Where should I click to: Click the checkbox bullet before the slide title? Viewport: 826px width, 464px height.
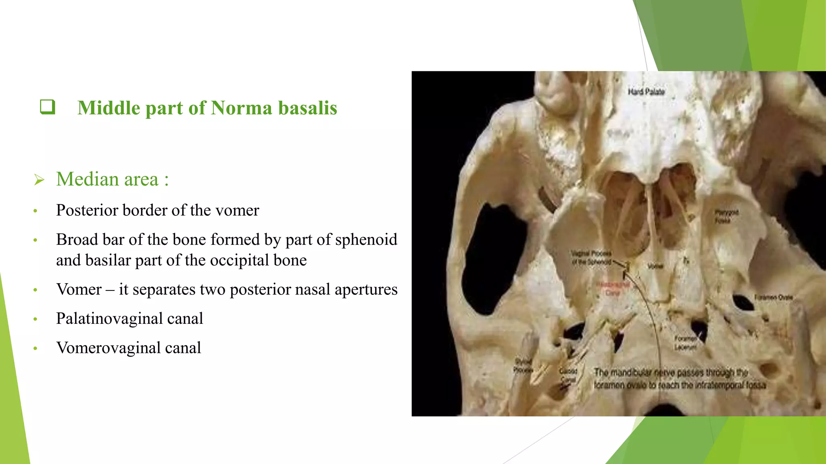pos(48,107)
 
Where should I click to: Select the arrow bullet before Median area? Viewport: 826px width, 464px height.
pos(39,180)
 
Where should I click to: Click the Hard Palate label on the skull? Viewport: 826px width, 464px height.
pos(646,92)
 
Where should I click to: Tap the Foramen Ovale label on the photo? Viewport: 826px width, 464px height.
pos(773,297)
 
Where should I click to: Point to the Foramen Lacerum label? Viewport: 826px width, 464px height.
pos(685,343)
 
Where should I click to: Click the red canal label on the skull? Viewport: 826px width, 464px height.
pos(613,288)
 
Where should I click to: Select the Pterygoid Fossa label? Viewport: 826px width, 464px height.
pos(726,216)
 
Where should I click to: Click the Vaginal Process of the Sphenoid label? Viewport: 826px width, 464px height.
pos(591,258)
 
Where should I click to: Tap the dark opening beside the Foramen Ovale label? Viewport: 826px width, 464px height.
pos(743,302)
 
